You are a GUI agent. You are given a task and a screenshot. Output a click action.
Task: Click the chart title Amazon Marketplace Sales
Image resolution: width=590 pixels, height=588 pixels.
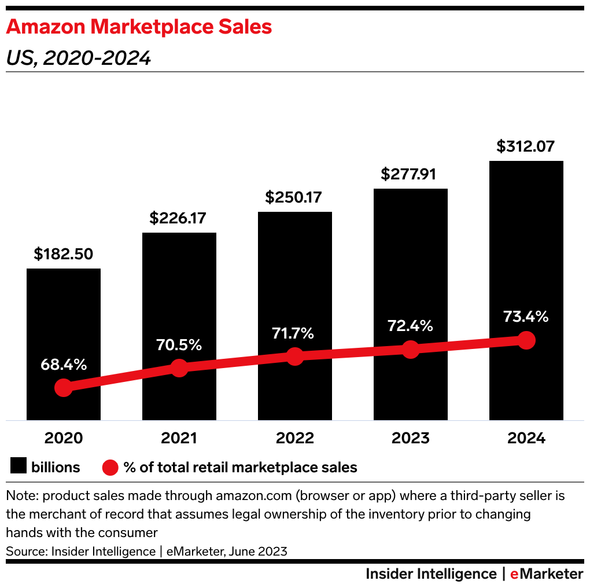tap(139, 27)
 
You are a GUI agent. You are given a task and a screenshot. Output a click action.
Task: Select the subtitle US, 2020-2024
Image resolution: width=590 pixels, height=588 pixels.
tap(79, 58)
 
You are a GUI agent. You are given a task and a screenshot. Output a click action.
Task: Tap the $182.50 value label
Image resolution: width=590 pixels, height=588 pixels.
tap(64, 254)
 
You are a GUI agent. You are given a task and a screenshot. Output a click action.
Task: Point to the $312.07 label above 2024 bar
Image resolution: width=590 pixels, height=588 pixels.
tap(526, 146)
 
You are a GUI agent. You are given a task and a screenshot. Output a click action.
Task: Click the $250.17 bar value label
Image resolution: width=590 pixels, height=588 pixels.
tap(294, 197)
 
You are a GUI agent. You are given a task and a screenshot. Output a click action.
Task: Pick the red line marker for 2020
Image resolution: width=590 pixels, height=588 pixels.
tap(63, 388)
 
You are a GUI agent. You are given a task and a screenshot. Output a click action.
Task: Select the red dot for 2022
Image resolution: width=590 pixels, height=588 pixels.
tap(294, 357)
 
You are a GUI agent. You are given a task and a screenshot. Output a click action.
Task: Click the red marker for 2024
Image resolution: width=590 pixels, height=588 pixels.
tap(526, 340)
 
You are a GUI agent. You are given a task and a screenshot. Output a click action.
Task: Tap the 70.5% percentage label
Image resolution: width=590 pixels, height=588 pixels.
tap(179, 346)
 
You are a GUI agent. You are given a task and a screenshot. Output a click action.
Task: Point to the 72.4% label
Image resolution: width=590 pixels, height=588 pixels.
tap(410, 326)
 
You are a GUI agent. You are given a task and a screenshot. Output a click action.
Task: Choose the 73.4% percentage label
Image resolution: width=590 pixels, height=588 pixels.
tap(526, 317)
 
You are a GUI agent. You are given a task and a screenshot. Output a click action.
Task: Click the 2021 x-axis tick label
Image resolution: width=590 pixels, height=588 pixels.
tap(179, 438)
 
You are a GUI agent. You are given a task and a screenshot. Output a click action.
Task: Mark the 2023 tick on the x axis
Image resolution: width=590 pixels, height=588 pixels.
tap(410, 438)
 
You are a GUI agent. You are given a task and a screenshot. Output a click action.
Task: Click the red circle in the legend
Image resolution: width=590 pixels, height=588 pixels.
tap(110, 467)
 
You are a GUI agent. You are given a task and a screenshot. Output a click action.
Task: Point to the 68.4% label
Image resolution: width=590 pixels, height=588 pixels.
tap(63, 365)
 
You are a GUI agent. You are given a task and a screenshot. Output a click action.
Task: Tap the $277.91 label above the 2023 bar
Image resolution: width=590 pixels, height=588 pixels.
tap(410, 174)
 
